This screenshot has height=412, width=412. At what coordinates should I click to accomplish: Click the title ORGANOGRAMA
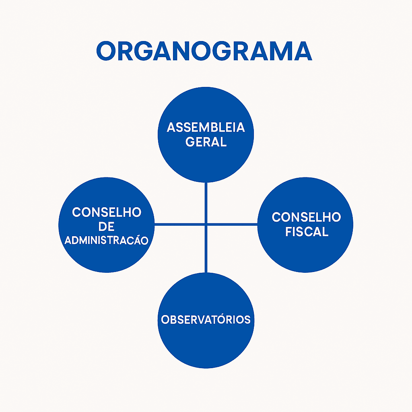[204, 51]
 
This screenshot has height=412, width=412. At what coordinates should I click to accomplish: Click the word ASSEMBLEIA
[206, 128]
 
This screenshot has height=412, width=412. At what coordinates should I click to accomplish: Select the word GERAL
[206, 142]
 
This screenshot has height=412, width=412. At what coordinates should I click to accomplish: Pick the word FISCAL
[307, 232]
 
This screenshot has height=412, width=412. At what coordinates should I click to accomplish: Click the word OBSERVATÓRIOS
[206, 319]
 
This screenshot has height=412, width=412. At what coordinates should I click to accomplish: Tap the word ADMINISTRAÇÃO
[107, 241]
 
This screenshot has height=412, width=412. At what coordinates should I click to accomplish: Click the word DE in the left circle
[106, 227]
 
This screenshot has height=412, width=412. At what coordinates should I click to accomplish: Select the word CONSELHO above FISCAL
[307, 217]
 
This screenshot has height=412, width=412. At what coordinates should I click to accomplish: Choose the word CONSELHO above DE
[107, 212]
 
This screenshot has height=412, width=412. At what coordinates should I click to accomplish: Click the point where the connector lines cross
[206, 224]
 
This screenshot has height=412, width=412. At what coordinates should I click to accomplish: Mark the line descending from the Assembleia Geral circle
[206, 201]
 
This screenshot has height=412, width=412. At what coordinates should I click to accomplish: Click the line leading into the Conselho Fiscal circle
[233, 224]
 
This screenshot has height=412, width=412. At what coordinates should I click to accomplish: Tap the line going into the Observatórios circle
[206, 249]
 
